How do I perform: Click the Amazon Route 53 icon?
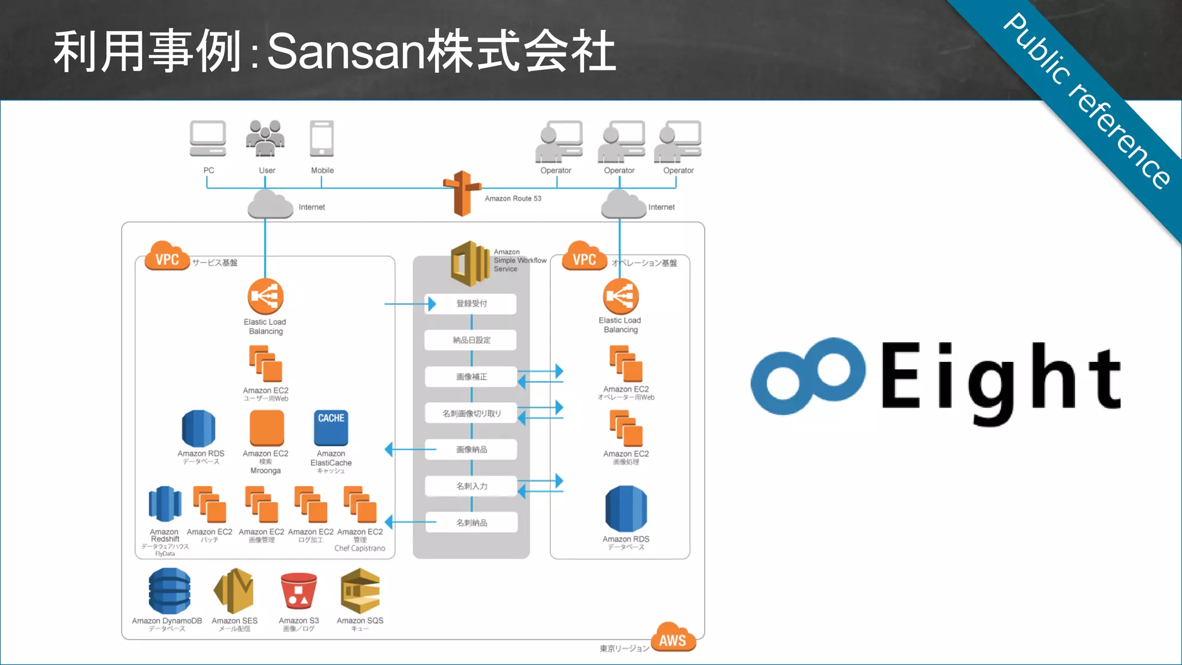click(x=462, y=193)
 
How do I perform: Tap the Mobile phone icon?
click(x=321, y=139)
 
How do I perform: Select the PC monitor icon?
click(x=208, y=139)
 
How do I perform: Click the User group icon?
click(x=265, y=138)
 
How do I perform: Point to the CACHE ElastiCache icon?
click(x=331, y=428)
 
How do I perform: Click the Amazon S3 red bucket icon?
click(x=298, y=591)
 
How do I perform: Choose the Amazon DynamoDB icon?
click(x=169, y=591)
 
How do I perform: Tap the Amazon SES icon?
click(x=234, y=591)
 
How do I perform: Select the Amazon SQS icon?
click(x=360, y=591)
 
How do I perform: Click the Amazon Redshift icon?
click(x=165, y=504)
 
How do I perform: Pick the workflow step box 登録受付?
click(x=471, y=304)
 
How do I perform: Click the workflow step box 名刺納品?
click(x=471, y=522)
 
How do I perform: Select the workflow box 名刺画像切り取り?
click(x=471, y=413)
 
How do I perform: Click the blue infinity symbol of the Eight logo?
click(x=807, y=376)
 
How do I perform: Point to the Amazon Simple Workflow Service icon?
click(x=470, y=264)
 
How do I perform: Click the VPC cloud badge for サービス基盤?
click(x=167, y=257)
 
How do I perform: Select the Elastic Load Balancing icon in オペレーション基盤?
click(x=620, y=297)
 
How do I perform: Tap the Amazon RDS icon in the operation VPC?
click(x=626, y=509)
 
